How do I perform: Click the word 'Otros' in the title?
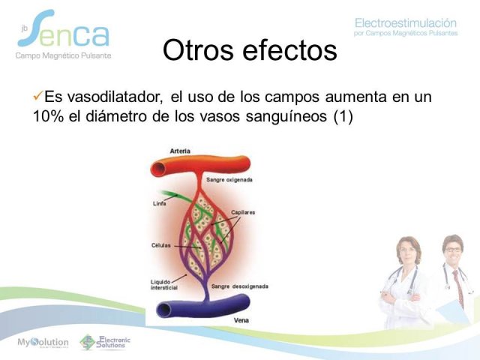click(198, 50)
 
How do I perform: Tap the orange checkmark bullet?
click(37, 97)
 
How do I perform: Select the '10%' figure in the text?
click(48, 116)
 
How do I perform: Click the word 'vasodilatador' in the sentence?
click(114, 97)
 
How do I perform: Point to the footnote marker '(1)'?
click(343, 117)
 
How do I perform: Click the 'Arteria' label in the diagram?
click(180, 151)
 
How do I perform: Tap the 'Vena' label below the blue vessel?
click(241, 320)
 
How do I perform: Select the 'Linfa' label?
click(160, 203)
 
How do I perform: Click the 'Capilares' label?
click(243, 212)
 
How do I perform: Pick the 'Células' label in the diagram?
click(161, 245)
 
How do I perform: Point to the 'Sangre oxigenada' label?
click(229, 180)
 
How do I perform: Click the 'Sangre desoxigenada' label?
click(240, 286)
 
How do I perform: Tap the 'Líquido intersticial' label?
click(164, 285)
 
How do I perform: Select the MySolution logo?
click(43, 343)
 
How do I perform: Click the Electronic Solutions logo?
click(105, 342)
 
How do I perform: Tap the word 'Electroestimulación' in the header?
click(406, 23)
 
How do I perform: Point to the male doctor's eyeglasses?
click(453, 250)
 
